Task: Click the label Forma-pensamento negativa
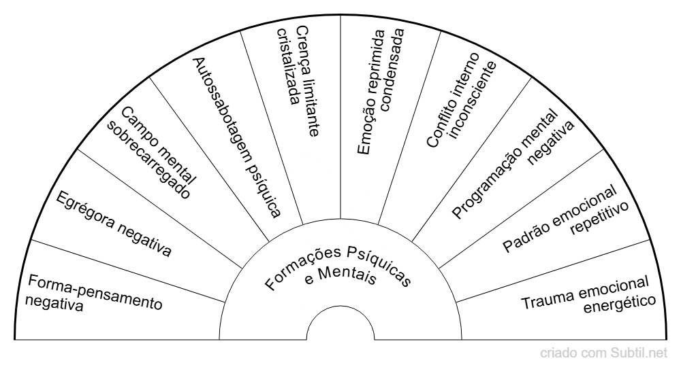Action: point(92,292)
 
